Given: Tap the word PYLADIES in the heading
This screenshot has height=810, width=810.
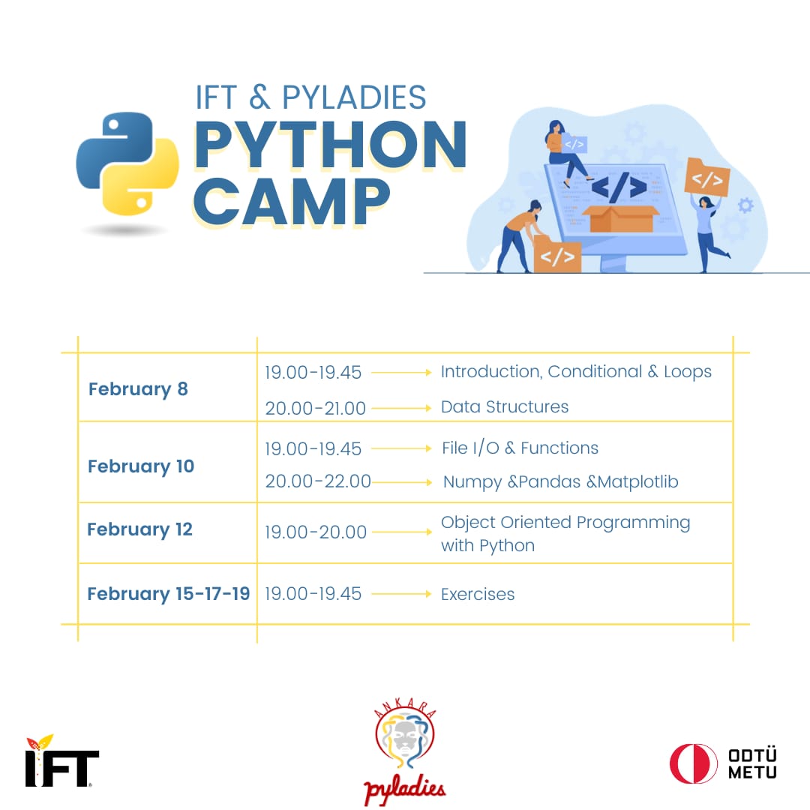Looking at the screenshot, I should [x=354, y=97].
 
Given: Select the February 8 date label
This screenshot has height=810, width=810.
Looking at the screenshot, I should [x=138, y=389].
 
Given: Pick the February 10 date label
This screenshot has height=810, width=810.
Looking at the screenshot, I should [x=141, y=466].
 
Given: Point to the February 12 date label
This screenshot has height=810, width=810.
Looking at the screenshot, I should [x=140, y=529].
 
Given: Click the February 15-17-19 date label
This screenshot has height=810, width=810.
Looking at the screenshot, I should [x=169, y=594].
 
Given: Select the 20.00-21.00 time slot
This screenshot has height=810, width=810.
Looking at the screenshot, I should [x=315, y=408].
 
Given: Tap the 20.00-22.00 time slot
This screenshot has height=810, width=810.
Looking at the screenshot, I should [x=318, y=481].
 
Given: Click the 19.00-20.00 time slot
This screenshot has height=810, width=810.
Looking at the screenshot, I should [x=316, y=532].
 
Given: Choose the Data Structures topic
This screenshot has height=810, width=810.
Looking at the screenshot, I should [x=505, y=407].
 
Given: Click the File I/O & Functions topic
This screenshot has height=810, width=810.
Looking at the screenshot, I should [x=520, y=448].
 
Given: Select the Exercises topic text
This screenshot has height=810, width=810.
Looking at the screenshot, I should [x=478, y=594].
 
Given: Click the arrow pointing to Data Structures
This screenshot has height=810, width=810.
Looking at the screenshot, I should [x=402, y=408].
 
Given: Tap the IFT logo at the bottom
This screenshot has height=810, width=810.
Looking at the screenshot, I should [x=61, y=761].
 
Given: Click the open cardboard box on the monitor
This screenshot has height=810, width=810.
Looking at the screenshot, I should [x=619, y=217].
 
